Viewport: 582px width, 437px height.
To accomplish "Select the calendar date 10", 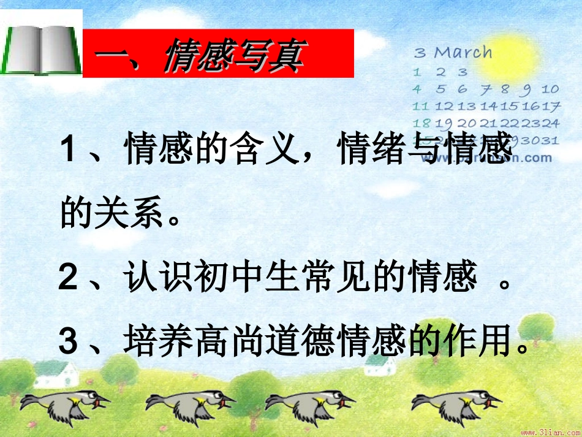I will coord(550,89).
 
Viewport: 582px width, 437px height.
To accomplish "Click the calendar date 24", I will coord(550,123).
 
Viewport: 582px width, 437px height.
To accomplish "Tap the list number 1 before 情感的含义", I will coord(69,151).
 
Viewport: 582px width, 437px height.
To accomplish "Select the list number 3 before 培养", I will coord(69,342).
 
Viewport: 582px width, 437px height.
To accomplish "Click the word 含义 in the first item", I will coord(267,151).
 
